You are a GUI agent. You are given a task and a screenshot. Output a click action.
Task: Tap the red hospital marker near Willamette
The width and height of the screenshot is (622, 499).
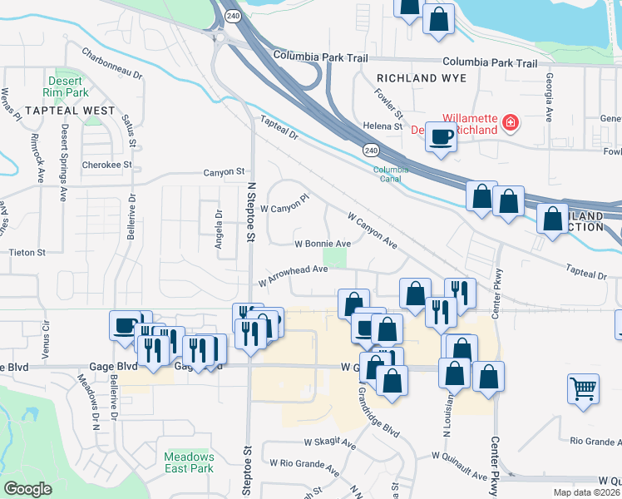(x=511, y=124)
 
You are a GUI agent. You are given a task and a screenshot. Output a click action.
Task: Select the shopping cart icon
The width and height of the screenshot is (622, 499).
(x=584, y=388)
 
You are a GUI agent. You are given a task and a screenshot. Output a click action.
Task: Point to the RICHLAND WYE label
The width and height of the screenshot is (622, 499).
(x=421, y=78)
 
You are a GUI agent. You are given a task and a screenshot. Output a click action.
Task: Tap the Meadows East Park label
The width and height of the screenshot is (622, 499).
(x=189, y=462)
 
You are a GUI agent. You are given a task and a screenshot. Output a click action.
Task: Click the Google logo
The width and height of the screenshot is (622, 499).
(x=28, y=489)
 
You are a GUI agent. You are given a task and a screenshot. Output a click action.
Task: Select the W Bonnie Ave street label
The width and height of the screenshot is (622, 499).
(x=323, y=245)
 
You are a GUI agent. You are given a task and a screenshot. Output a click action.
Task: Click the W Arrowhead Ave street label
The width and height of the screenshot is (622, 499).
(x=292, y=274)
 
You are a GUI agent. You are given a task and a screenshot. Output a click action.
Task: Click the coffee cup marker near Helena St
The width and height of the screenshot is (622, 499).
(x=441, y=138)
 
